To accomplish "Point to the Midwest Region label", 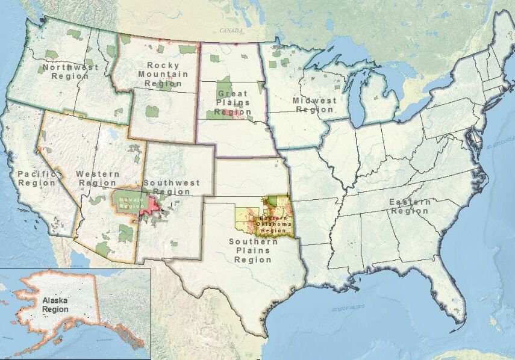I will coord(314,105).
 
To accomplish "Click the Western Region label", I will coord(97,178).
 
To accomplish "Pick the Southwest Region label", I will coord(171,187).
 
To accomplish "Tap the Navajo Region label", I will coord(130,202).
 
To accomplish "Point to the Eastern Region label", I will coord(410,206).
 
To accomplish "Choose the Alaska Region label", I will coord(55,304).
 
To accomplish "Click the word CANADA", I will coord(231,30).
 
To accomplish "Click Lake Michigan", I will coord(361,96).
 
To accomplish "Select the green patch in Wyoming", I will coord(152,111).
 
